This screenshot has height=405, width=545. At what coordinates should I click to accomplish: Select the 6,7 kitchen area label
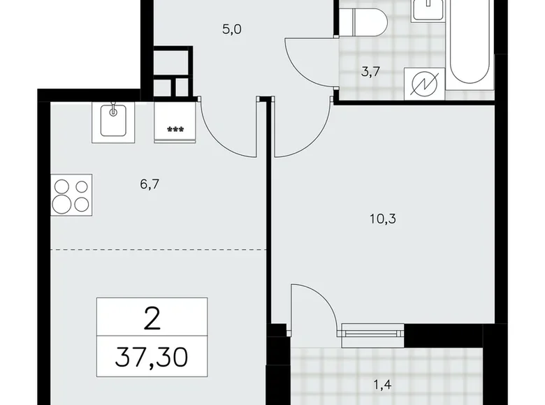(x=150, y=184)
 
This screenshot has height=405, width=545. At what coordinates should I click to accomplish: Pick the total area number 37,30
(x=152, y=361)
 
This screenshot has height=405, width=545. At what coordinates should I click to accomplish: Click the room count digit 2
(x=152, y=319)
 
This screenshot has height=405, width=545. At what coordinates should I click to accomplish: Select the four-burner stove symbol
(x=72, y=196)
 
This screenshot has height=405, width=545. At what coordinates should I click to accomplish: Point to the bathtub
(x=471, y=49)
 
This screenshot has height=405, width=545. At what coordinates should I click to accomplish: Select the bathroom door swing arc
(x=307, y=64)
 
